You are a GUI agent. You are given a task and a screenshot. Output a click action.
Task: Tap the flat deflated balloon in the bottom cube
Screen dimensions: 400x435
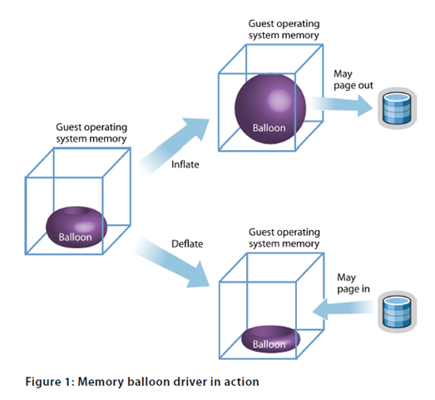269,339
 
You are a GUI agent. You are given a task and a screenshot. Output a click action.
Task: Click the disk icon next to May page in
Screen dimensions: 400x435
393,310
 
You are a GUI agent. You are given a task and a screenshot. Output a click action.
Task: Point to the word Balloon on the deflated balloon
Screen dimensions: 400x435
269,343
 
